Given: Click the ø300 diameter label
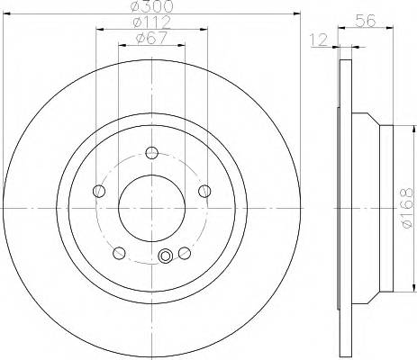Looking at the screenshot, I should pyautogui.click(x=151, y=7).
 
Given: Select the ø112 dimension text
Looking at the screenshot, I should pyautogui.click(x=151, y=22).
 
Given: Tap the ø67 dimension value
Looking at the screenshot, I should pyautogui.click(x=151, y=39).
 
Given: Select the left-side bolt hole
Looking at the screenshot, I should pyautogui.click(x=98, y=190).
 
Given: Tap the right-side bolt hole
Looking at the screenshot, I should pyautogui.click(x=204, y=190).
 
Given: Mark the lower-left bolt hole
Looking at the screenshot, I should pyautogui.click(x=119, y=252).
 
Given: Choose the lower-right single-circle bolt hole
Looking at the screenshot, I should pyautogui.click(x=184, y=252).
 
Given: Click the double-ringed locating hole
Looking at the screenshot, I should pyautogui.click(x=164, y=257).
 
